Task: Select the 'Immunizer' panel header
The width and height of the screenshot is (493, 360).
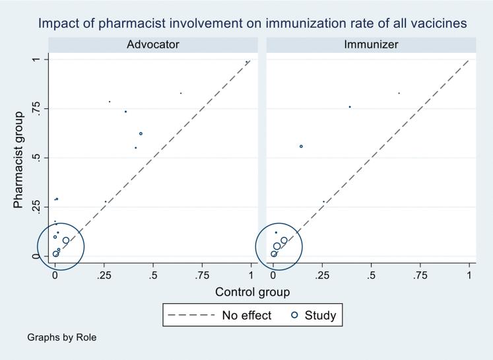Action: pos(371,44)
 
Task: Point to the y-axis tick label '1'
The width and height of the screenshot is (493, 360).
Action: pos(37,60)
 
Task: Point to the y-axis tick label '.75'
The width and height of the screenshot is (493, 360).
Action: pos(37,109)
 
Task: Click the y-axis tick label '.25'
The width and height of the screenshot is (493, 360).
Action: pos(37,207)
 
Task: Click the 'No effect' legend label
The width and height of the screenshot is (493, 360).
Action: pos(246,315)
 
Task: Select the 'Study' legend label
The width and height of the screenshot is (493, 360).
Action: pos(320,315)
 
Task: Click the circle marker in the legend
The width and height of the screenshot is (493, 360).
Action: pos(294,315)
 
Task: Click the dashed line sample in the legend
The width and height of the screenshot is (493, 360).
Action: pos(191,315)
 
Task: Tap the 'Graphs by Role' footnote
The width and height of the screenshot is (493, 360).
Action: pos(61,338)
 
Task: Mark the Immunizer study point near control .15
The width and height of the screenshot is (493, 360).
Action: pos(301,146)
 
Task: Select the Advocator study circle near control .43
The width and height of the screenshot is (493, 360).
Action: pos(141,133)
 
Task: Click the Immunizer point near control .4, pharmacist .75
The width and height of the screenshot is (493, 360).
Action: pos(350,106)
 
